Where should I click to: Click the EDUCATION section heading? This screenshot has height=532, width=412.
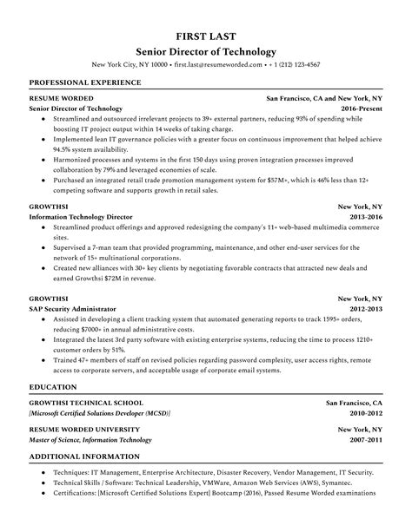[52, 387]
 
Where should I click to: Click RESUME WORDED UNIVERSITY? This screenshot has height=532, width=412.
[83, 429]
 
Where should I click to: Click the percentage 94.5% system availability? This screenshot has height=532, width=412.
[58, 147]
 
